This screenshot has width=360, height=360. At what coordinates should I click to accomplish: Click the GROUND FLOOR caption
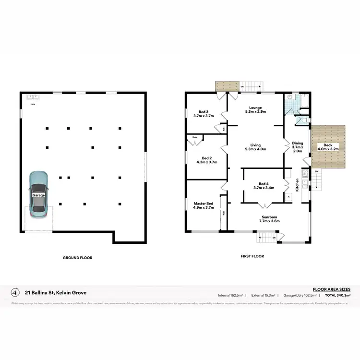coord(77,258)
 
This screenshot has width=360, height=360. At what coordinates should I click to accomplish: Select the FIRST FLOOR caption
coord(252,256)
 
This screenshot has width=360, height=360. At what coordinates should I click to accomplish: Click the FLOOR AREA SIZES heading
coord(332,289)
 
